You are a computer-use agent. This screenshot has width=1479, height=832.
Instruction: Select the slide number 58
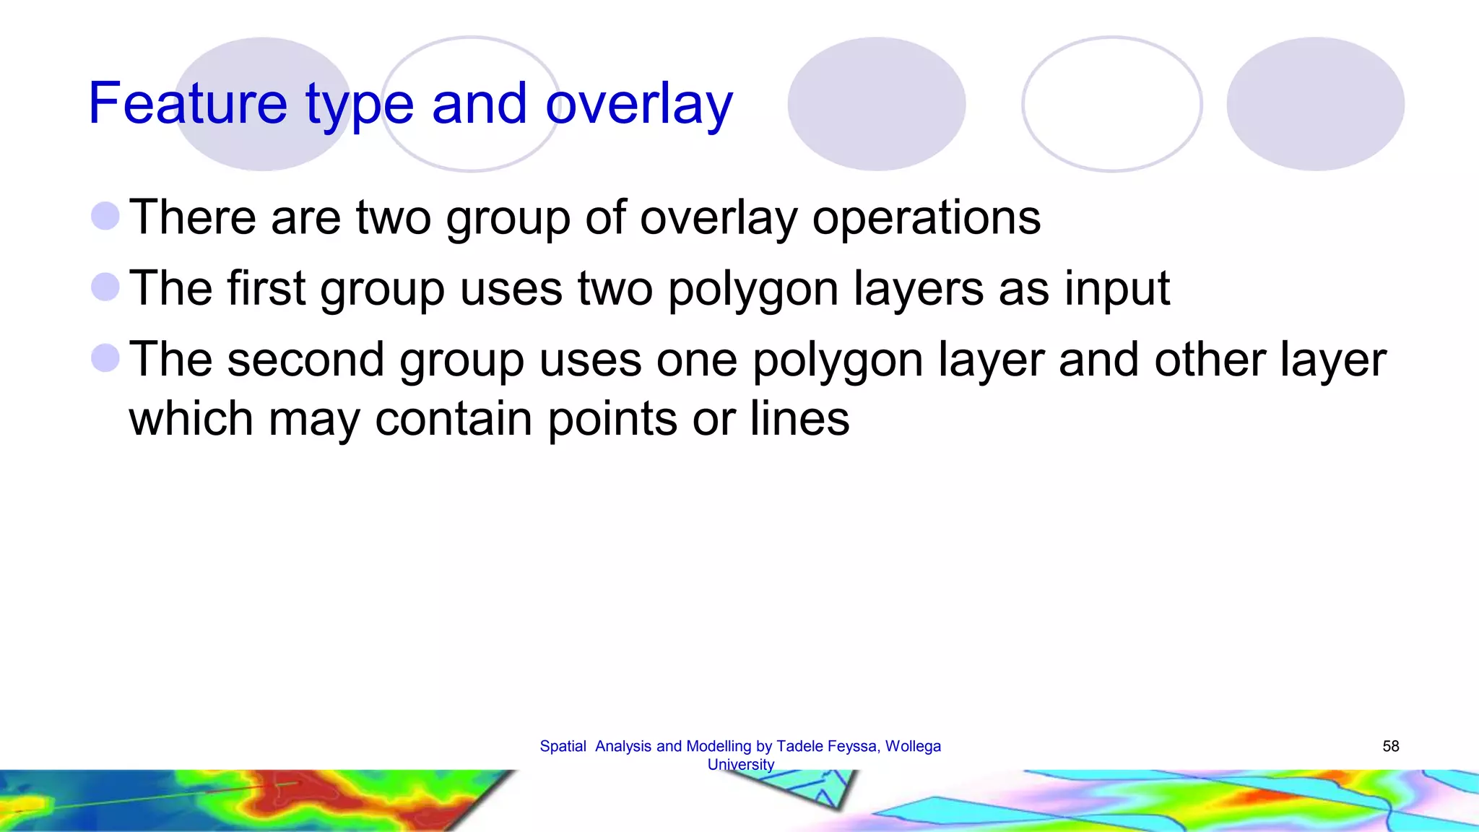[1390, 746]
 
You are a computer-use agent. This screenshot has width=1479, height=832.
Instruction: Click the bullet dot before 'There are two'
[105, 216]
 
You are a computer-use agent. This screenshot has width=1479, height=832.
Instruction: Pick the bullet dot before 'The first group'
[105, 287]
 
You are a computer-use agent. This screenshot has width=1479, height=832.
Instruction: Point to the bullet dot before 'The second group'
[105, 358]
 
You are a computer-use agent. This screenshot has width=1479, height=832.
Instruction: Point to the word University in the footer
[740, 764]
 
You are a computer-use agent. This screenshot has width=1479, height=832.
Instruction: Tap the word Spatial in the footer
[563, 746]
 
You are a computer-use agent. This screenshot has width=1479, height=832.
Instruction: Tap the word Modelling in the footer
[719, 746]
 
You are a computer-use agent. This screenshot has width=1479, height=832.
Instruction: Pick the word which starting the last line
[191, 419]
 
